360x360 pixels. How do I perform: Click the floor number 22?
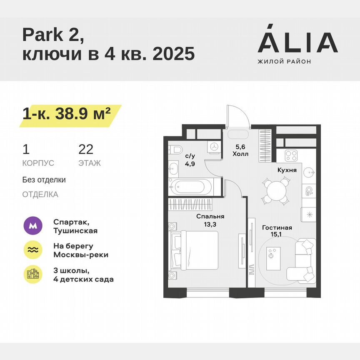(86, 149)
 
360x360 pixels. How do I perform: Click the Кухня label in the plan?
(287, 170)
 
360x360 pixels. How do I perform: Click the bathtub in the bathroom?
(190, 185)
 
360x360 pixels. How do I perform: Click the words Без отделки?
(44, 180)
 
